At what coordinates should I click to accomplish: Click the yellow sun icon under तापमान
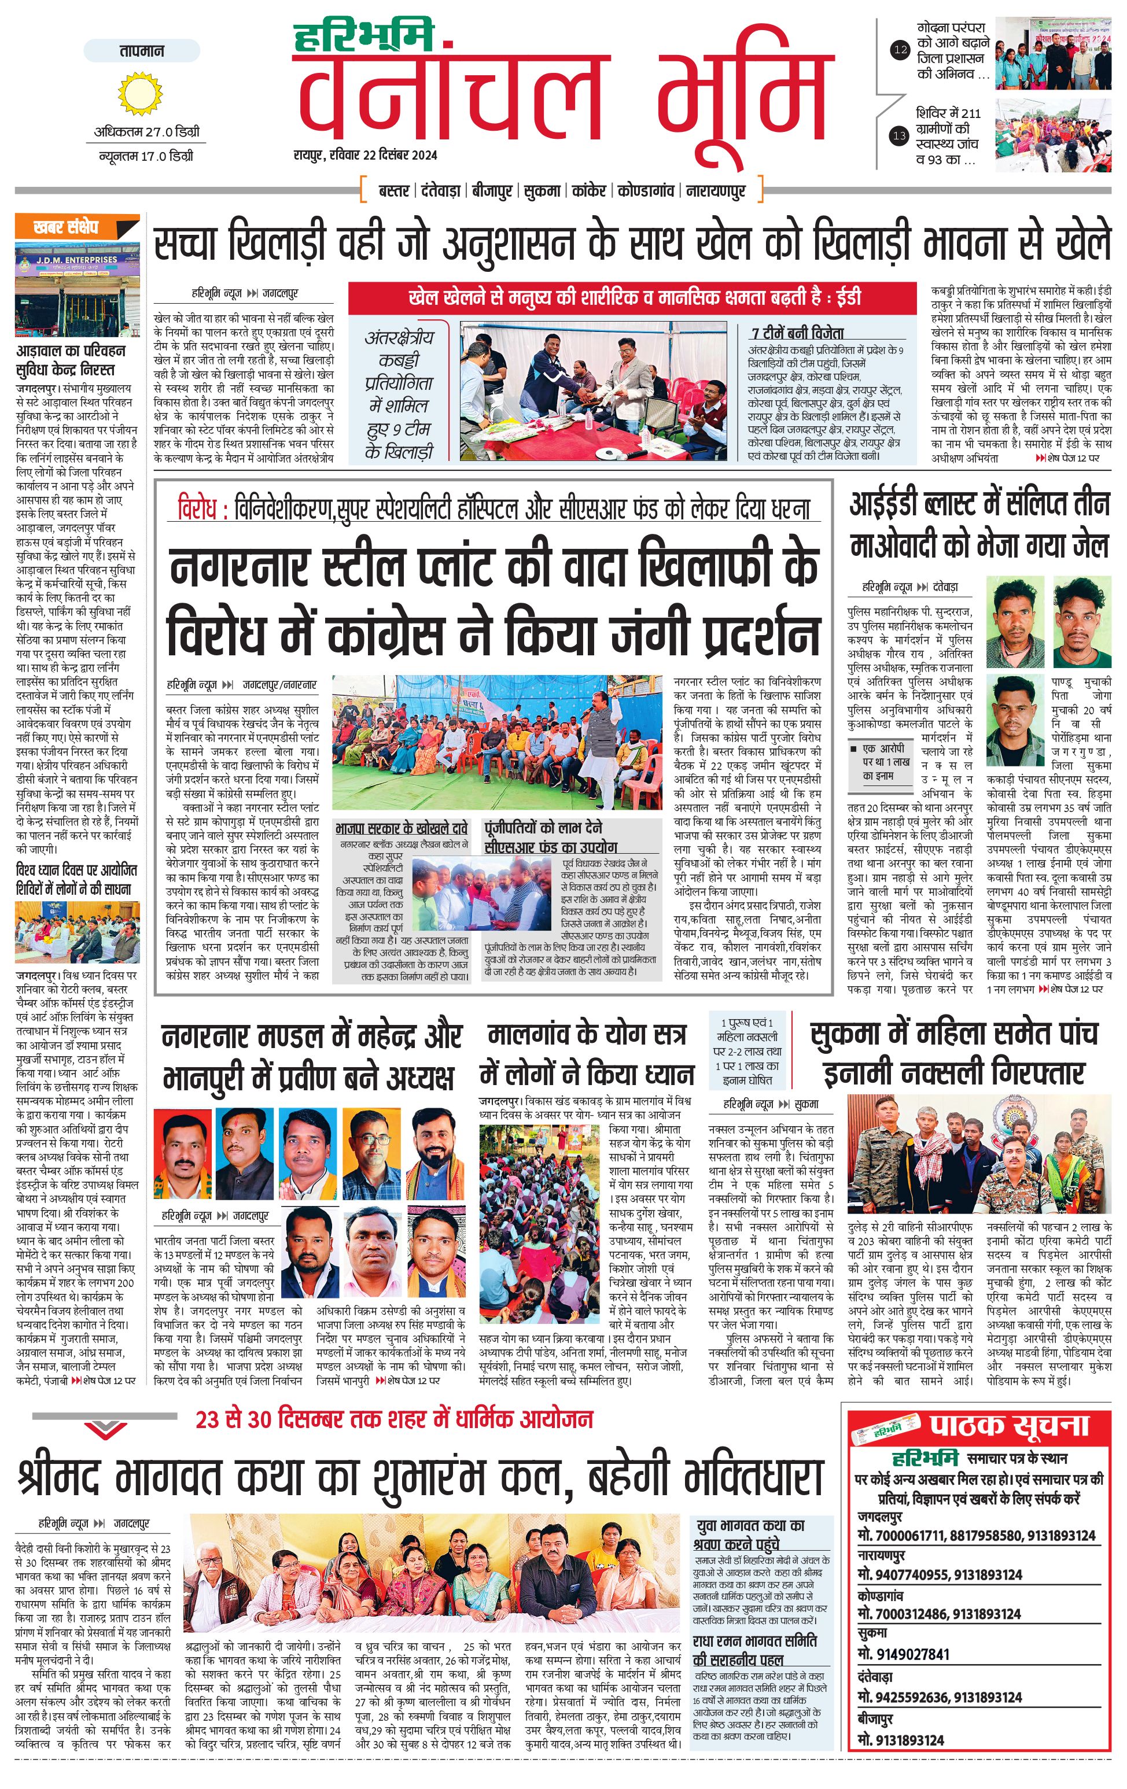point(139,94)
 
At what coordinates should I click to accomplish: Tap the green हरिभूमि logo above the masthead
point(363,36)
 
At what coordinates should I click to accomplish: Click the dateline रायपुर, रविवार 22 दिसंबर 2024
point(364,155)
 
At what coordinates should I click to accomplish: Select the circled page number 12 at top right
point(900,50)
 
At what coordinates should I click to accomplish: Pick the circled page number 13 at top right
point(900,136)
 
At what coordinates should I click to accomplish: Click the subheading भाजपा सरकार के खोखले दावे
point(401,828)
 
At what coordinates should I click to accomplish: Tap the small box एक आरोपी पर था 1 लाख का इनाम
point(881,762)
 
